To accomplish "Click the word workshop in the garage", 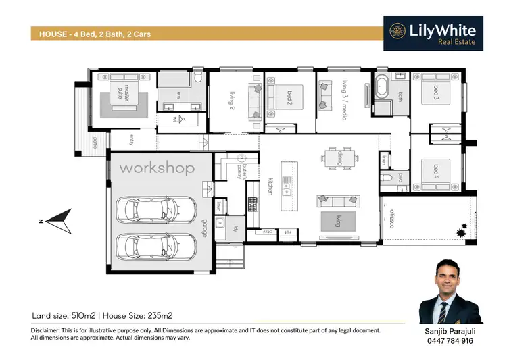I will [157, 168].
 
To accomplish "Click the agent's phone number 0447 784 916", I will [450, 342].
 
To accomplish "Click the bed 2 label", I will [289, 101].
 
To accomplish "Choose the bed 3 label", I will [435, 91].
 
